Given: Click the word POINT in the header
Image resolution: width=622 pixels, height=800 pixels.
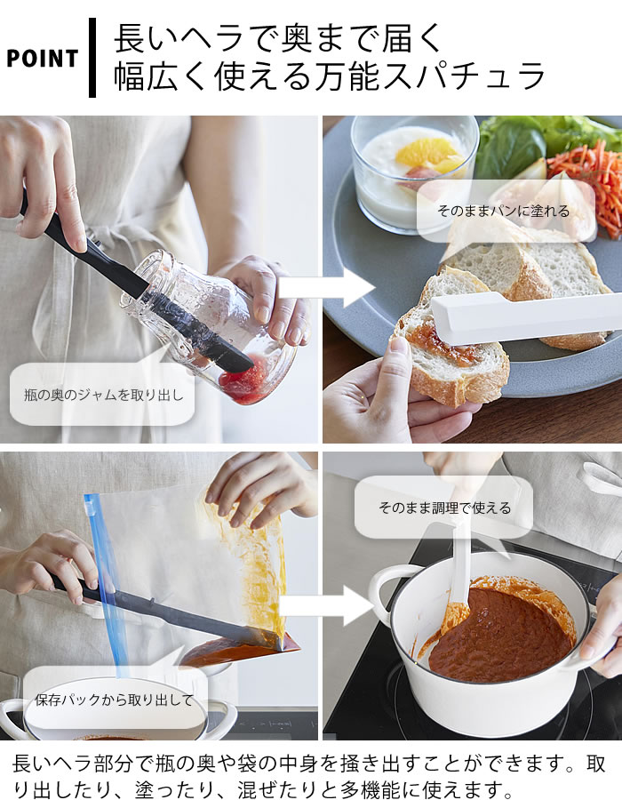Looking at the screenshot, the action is tap(42, 59).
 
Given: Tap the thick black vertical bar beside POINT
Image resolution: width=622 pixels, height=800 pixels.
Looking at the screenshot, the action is tap(92, 57).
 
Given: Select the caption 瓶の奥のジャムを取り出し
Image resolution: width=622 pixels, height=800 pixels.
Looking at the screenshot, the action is tap(103, 395).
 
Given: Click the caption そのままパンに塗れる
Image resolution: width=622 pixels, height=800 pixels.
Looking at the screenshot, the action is tap(503, 212).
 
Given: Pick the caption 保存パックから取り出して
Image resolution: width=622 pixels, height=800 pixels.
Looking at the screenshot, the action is tap(114, 700).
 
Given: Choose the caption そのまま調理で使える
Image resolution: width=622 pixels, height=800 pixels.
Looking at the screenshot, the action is tap(444, 508).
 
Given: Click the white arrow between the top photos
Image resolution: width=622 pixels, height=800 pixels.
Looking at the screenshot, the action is tap(326, 288).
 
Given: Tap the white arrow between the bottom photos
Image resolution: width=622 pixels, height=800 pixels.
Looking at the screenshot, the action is tap(326, 605).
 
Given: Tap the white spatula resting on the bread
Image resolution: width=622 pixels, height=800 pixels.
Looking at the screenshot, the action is tap(525, 317).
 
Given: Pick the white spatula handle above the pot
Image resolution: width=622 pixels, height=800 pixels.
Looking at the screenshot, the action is tap(462, 561).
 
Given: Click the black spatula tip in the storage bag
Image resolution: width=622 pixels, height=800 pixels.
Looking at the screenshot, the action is tap(270, 640).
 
